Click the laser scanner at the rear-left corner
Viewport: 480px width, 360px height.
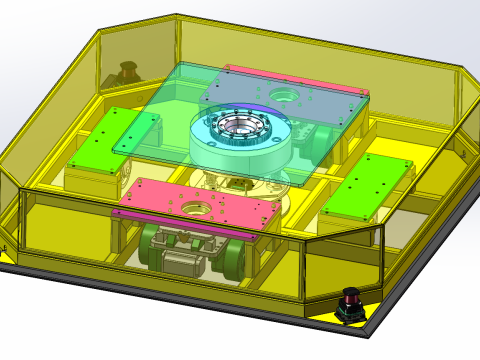click(x=128, y=73)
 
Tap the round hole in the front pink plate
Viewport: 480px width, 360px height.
click(x=196, y=211)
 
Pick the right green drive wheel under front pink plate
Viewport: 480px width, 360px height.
click(x=232, y=257)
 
